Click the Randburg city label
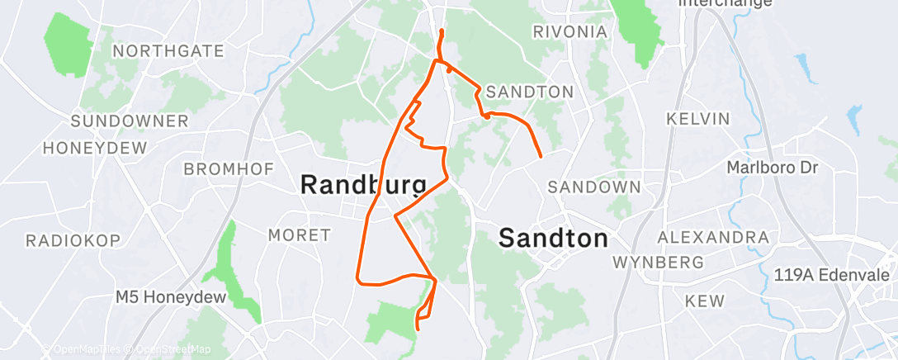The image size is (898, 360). pyautogui.click(x=363, y=184)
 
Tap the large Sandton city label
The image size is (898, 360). pyautogui.click(x=554, y=239)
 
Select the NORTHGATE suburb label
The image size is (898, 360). pyautogui.click(x=168, y=51)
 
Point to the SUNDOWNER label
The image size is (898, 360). pyautogui.click(x=130, y=121)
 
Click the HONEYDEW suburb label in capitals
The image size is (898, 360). pyautogui.click(x=94, y=149)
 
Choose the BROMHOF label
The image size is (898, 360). pyautogui.click(x=229, y=169)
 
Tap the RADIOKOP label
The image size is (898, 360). pyautogui.click(x=73, y=240)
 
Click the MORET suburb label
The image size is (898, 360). pyautogui.click(x=299, y=235)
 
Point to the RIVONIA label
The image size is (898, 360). pyautogui.click(x=570, y=32)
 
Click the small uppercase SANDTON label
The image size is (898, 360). pyautogui.click(x=530, y=91)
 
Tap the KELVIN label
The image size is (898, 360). pyautogui.click(x=698, y=119)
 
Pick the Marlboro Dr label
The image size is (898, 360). pyautogui.click(x=771, y=168)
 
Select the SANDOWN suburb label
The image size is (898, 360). pyautogui.click(x=593, y=187)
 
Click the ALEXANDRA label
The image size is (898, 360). pyautogui.click(x=713, y=238)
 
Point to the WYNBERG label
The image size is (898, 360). pyautogui.click(x=658, y=263)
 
